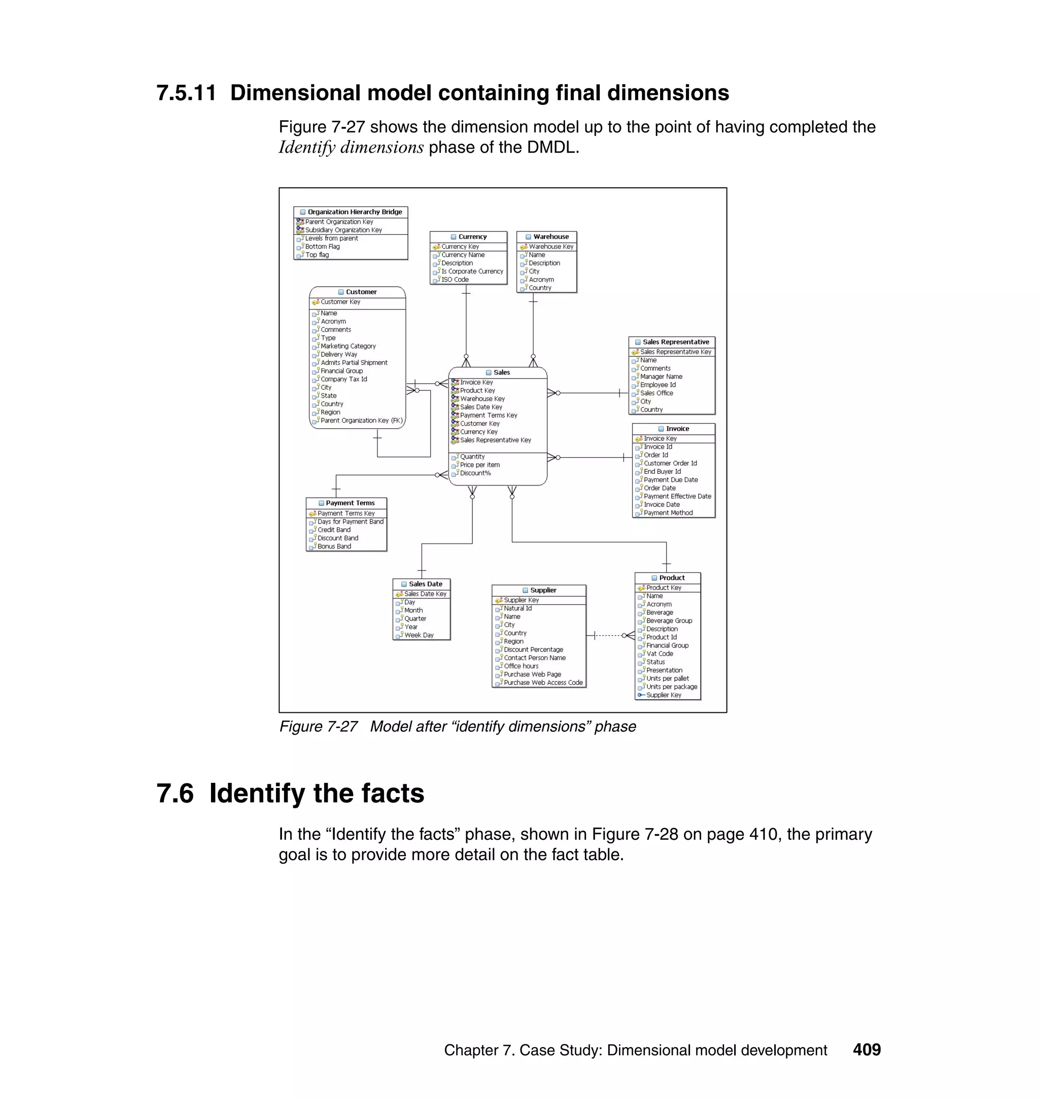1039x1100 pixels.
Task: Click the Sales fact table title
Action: pos(501,372)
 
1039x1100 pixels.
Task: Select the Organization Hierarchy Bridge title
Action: pos(355,212)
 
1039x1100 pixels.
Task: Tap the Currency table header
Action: pos(472,236)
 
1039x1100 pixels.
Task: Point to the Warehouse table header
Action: pos(550,236)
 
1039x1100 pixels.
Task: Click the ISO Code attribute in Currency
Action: pos(455,280)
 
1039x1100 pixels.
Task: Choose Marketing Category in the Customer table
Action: pos(348,346)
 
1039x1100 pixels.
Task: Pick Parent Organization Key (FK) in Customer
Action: pos(361,421)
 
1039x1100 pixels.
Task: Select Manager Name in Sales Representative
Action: pos(661,376)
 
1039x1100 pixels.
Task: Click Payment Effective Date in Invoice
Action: pos(677,496)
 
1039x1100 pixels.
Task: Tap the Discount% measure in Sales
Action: pos(475,473)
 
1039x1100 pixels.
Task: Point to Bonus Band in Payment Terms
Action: pos(334,546)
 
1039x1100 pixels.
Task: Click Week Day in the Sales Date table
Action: pos(419,635)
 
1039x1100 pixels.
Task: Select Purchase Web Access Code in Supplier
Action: pos(543,682)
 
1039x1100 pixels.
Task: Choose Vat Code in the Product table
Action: pos(660,654)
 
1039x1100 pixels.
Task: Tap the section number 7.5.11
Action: pos(186,92)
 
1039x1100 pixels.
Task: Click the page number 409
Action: pos(866,1050)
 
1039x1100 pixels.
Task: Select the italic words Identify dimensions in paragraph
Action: pos(351,147)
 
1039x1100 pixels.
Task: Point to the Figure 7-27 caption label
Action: pos(319,727)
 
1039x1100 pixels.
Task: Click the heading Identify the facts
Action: pos(316,793)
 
